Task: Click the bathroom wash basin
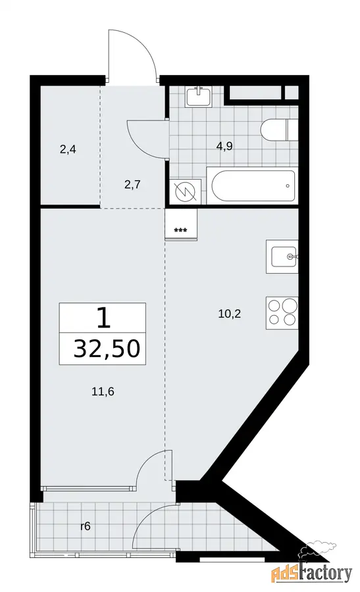pos(199,97)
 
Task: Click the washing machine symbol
pos(185,192)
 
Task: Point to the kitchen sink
pos(282,257)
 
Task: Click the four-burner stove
pos(282,313)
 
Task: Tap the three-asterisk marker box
pos(182,225)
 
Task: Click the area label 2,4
pos(68,150)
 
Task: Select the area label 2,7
pos(132,185)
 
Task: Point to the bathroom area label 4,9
pos(224,146)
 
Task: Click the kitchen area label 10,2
pos(230,313)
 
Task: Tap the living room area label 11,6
pos(103,391)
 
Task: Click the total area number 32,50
pos(107,348)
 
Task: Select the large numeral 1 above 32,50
pos(103,318)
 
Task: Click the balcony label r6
pos(86,526)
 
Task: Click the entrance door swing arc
pos(141,43)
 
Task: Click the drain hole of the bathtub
pos(288,185)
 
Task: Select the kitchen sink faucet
pos(293,257)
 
